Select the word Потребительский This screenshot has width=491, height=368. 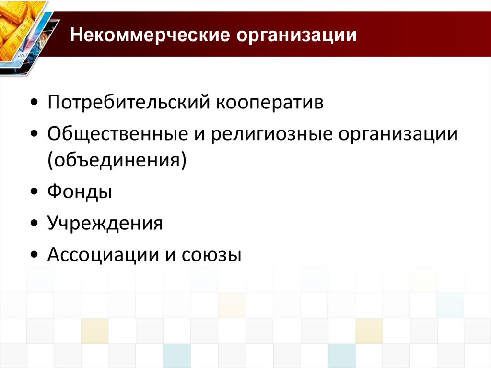point(129,103)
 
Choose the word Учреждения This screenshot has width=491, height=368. point(105,224)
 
